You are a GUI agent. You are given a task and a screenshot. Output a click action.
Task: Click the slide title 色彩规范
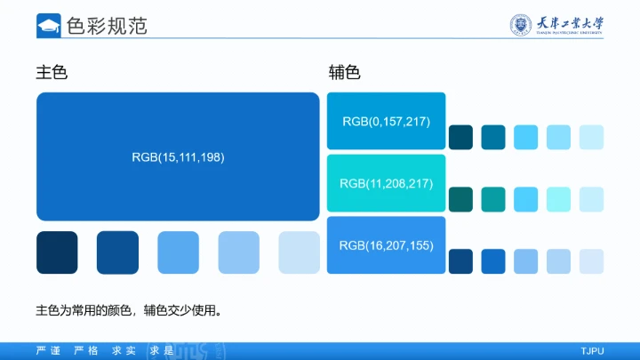(107, 26)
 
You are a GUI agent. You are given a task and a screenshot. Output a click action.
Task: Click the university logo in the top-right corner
(557, 25)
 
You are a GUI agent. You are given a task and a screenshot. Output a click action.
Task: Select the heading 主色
(52, 73)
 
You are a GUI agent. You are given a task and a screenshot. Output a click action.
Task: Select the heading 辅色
(344, 73)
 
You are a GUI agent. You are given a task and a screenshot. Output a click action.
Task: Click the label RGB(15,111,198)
(178, 157)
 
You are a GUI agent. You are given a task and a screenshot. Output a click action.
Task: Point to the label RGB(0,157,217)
(386, 121)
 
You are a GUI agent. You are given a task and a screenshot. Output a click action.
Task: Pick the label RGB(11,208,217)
(386, 183)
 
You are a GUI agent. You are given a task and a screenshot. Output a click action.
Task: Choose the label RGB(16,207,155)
(386, 244)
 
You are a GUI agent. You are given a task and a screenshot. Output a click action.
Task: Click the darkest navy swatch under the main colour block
(57, 252)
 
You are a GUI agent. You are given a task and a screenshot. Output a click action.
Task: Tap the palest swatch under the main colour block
(300, 252)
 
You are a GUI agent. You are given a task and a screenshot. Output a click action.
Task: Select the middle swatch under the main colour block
(178, 252)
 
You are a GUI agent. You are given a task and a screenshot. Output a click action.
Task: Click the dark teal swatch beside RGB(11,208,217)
(460, 199)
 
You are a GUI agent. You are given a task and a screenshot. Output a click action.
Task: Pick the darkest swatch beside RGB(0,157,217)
(460, 137)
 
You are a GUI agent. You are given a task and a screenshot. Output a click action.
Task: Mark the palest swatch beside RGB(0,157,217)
(591, 137)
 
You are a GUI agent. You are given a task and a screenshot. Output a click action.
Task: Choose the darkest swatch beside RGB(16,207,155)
(460, 261)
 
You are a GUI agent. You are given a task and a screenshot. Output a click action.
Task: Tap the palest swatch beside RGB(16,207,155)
(591, 261)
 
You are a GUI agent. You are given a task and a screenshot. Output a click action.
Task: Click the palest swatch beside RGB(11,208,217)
(591, 199)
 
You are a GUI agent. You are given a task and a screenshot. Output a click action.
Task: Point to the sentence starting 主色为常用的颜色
(128, 311)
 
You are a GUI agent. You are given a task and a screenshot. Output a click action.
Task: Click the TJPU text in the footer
(592, 351)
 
